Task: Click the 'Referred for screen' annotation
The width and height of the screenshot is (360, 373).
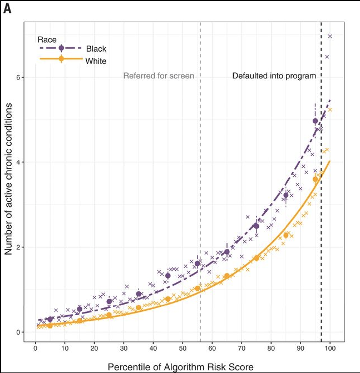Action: point(159,76)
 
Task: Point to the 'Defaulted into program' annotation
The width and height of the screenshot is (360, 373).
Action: point(274,76)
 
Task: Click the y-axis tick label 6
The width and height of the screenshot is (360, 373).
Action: point(18,77)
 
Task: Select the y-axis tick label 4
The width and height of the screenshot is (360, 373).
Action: point(18,162)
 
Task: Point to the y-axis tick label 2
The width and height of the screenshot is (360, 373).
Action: point(18,247)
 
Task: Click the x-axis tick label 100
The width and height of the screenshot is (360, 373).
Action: point(330,349)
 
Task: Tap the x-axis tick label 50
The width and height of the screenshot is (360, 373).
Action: point(183,349)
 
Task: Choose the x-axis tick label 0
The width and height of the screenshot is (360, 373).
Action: point(36,349)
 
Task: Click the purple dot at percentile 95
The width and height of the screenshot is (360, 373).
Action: point(315,121)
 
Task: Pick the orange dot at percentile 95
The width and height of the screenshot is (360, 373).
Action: point(315,179)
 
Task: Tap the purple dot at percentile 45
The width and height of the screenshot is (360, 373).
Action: point(168,276)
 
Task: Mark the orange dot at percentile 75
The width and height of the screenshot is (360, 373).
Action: point(257,258)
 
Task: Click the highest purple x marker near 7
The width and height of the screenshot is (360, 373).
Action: point(330,37)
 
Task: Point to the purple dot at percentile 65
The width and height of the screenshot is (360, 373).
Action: point(227,252)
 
